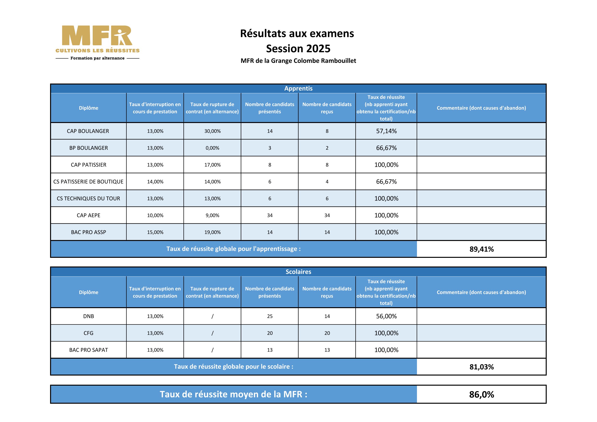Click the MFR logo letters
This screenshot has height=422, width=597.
[97, 36]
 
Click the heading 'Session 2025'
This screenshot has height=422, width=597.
[298, 49]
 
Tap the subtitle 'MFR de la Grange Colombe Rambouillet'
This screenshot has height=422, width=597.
[298, 61]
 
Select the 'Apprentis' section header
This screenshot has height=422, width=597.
[298, 88]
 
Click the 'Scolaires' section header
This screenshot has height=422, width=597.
[298, 272]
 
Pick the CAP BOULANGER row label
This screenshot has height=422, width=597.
[88, 131]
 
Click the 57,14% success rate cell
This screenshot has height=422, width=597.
[386, 131]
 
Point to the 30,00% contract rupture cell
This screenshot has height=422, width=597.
[212, 131]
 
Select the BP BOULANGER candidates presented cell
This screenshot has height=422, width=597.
[270, 148]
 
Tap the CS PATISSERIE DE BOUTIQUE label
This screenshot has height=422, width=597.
[88, 182]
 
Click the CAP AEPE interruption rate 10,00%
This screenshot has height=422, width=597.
[155, 215]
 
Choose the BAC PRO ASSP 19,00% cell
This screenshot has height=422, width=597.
[212, 232]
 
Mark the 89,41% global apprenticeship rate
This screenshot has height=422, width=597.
[481, 249]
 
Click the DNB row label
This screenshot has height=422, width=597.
[88, 316]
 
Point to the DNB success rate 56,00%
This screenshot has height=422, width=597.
[386, 316]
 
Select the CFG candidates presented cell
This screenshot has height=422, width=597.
[270, 333]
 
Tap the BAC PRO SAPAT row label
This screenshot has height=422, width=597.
[88, 350]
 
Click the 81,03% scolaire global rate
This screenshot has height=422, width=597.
[481, 367]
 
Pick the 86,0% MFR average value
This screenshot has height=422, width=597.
[481, 395]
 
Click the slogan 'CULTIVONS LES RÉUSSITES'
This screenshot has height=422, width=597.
[97, 51]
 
